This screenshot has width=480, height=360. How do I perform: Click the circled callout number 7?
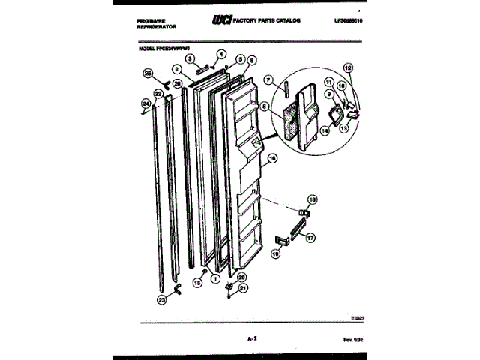[266, 79]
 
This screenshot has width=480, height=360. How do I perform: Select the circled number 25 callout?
[147, 73]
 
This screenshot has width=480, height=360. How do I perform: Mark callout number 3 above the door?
[190, 58]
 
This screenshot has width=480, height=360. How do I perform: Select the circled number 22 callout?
[158, 94]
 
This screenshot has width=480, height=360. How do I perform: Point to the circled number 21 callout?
[243, 287]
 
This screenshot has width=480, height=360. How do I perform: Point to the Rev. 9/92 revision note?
[341, 340]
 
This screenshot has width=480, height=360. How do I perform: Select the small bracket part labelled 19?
[283, 240]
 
